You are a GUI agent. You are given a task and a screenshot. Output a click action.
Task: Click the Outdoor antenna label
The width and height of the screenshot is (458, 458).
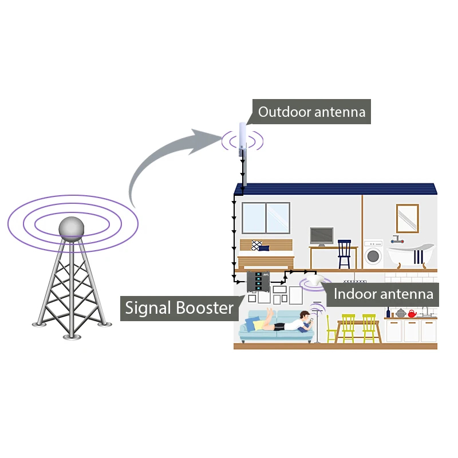(x=311, y=112)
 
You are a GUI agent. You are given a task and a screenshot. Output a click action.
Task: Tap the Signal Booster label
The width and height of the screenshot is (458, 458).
(x=179, y=308)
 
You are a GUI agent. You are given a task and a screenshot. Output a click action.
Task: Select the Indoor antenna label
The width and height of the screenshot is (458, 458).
(x=383, y=294)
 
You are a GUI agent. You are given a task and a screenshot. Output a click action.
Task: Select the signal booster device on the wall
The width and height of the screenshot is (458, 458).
(x=258, y=282)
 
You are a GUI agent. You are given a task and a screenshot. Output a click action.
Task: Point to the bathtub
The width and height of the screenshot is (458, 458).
(x=410, y=255)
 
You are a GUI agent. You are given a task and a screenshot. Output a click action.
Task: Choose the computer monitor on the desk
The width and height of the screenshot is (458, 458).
(x=322, y=236)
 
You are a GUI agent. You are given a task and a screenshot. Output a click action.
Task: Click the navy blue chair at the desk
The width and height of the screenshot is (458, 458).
(x=344, y=254)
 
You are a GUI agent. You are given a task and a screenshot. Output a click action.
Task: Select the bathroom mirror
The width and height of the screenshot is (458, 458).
(x=407, y=219)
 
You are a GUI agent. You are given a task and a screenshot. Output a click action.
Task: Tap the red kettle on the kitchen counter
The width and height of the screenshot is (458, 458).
(x=412, y=314)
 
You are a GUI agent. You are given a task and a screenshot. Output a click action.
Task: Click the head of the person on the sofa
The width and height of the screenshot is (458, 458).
(x=305, y=315)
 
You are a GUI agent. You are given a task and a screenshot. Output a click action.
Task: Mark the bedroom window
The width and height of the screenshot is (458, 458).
(x=266, y=218)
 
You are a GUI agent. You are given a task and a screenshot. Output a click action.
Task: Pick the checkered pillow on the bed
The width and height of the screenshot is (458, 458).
(x=256, y=245)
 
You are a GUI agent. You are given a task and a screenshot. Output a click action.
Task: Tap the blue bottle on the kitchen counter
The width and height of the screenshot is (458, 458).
(x=388, y=313)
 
